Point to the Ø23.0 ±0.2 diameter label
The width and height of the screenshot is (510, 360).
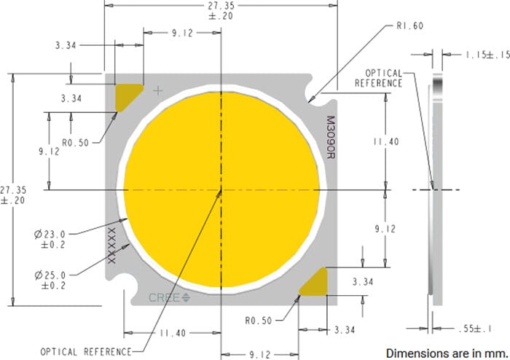pos(49,239)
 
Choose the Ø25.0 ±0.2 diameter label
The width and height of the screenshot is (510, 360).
pos(49,280)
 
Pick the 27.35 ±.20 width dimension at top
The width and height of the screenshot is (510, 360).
pos(220,10)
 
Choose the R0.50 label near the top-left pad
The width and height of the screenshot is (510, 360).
pos(74,143)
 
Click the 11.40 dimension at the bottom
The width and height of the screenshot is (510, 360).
pos(173,333)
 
